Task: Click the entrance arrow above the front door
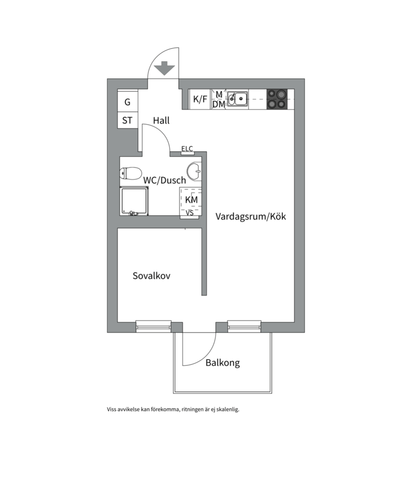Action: pyautogui.click(x=164, y=68)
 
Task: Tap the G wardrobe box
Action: pyautogui.click(x=128, y=102)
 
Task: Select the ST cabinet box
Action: pyautogui.click(x=128, y=120)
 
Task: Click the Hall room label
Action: pyautogui.click(x=161, y=120)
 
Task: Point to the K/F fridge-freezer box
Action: pyautogui.click(x=200, y=100)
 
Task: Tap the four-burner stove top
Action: pyautogui.click(x=277, y=99)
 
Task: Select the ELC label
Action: pyautogui.click(x=187, y=149)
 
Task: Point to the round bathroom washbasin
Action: pyautogui.click(x=194, y=171)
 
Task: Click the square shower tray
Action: pyautogui.click(x=134, y=201)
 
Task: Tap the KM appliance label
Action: pyautogui.click(x=191, y=200)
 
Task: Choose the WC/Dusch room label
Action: pyautogui.click(x=164, y=180)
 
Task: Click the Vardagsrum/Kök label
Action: pyautogui.click(x=251, y=217)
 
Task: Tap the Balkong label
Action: pyautogui.click(x=222, y=363)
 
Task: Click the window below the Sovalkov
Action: pyautogui.click(x=154, y=326)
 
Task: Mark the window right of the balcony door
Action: pyautogui.click(x=244, y=326)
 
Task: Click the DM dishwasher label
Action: pyautogui.click(x=219, y=104)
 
